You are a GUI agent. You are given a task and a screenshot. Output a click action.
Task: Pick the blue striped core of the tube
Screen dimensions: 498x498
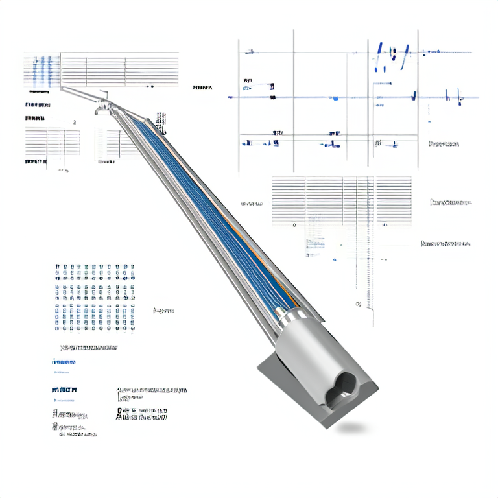[214, 207]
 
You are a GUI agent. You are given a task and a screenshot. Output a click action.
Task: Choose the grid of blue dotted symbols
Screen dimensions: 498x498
[94, 298]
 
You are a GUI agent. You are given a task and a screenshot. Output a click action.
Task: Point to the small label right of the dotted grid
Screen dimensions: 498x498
[163, 311]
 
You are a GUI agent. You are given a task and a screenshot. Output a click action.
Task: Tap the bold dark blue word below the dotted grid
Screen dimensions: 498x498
[64, 390]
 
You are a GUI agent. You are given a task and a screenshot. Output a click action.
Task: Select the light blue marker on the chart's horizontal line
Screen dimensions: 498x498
[335, 98]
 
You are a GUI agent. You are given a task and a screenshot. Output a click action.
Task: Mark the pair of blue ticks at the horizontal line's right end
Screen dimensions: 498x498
[454, 97]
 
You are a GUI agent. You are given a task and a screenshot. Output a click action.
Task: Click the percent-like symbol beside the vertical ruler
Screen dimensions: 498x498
[358, 303]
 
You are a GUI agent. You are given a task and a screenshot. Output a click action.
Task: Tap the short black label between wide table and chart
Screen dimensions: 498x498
[203, 87]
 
